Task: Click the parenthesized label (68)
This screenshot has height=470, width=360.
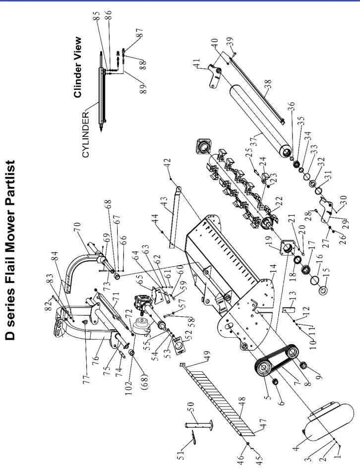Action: coord(147,355)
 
